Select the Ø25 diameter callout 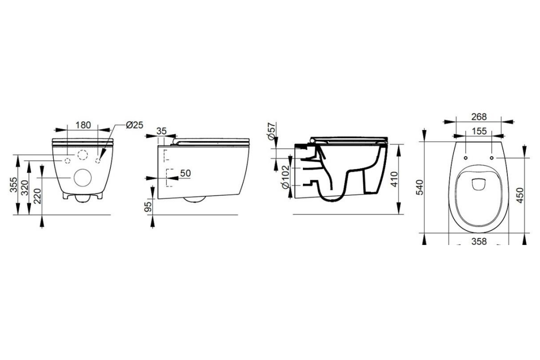click(134, 125)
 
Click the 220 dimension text click(37, 196)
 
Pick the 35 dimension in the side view click(161, 131)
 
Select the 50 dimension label click(185, 173)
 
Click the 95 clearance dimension click(147, 207)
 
